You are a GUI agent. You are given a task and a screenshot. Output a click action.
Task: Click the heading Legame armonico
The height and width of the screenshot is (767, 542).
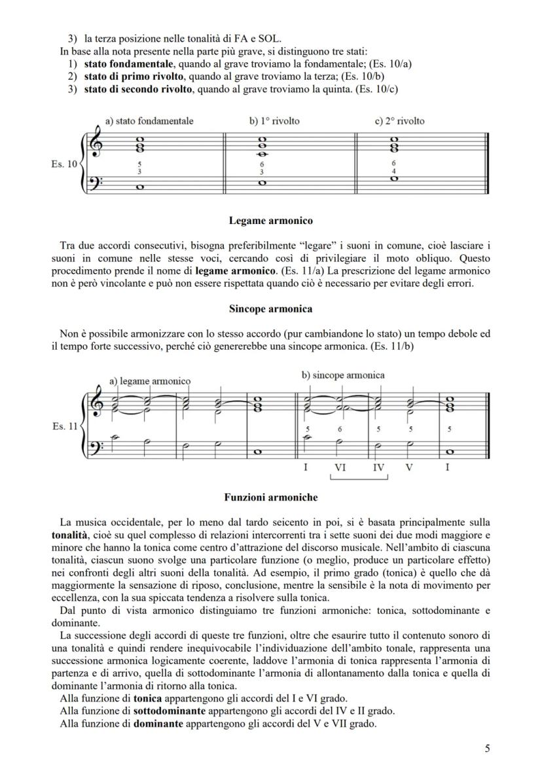(270, 221)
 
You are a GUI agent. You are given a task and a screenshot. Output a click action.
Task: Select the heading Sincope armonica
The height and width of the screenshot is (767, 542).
(270, 308)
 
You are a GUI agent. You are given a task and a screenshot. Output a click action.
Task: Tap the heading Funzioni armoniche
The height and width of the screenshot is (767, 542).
(270, 497)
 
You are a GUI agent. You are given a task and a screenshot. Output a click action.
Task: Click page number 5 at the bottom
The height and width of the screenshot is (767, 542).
(487, 749)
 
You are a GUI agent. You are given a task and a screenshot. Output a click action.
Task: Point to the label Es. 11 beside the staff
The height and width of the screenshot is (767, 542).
(63, 426)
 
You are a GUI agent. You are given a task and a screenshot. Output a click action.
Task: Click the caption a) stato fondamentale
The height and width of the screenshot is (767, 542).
(149, 121)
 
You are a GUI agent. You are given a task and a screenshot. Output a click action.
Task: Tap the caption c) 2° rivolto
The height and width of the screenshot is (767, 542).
(399, 121)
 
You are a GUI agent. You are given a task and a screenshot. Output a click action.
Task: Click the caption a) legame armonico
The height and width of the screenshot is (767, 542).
(150, 381)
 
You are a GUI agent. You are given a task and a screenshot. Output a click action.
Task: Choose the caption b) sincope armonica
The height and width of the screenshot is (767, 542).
(343, 375)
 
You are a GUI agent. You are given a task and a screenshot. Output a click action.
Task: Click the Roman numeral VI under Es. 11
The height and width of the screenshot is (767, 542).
(340, 468)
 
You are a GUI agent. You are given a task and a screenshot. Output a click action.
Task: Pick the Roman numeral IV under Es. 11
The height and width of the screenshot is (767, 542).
(378, 468)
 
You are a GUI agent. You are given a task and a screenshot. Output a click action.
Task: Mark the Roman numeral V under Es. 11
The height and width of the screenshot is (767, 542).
(410, 468)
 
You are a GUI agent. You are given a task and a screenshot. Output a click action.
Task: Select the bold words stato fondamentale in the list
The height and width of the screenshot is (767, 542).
(128, 64)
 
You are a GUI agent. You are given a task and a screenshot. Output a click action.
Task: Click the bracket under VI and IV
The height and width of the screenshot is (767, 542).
(359, 478)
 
